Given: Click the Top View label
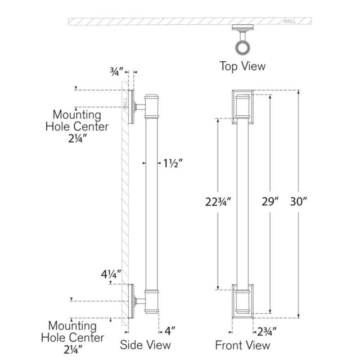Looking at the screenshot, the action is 242,66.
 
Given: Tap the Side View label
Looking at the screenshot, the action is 145,345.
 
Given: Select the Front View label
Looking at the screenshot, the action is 242,345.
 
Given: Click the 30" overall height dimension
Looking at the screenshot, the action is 299,201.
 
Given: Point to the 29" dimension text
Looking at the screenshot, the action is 270,201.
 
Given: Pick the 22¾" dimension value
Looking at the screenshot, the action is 218,202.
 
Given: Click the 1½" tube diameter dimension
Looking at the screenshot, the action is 173,163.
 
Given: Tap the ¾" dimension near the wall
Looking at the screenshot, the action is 117,71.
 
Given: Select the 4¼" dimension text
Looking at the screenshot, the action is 111,274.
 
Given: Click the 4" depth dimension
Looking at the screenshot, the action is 170,331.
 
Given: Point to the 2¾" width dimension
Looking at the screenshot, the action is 267,332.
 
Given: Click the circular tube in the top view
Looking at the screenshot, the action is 242,48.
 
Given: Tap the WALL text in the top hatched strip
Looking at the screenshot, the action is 289,21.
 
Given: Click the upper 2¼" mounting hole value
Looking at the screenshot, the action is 78,138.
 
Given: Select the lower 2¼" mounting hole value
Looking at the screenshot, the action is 73,350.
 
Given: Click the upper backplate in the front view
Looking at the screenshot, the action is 233,107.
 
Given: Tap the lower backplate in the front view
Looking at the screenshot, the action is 233,301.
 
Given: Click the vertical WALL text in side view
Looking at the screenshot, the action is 125,103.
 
